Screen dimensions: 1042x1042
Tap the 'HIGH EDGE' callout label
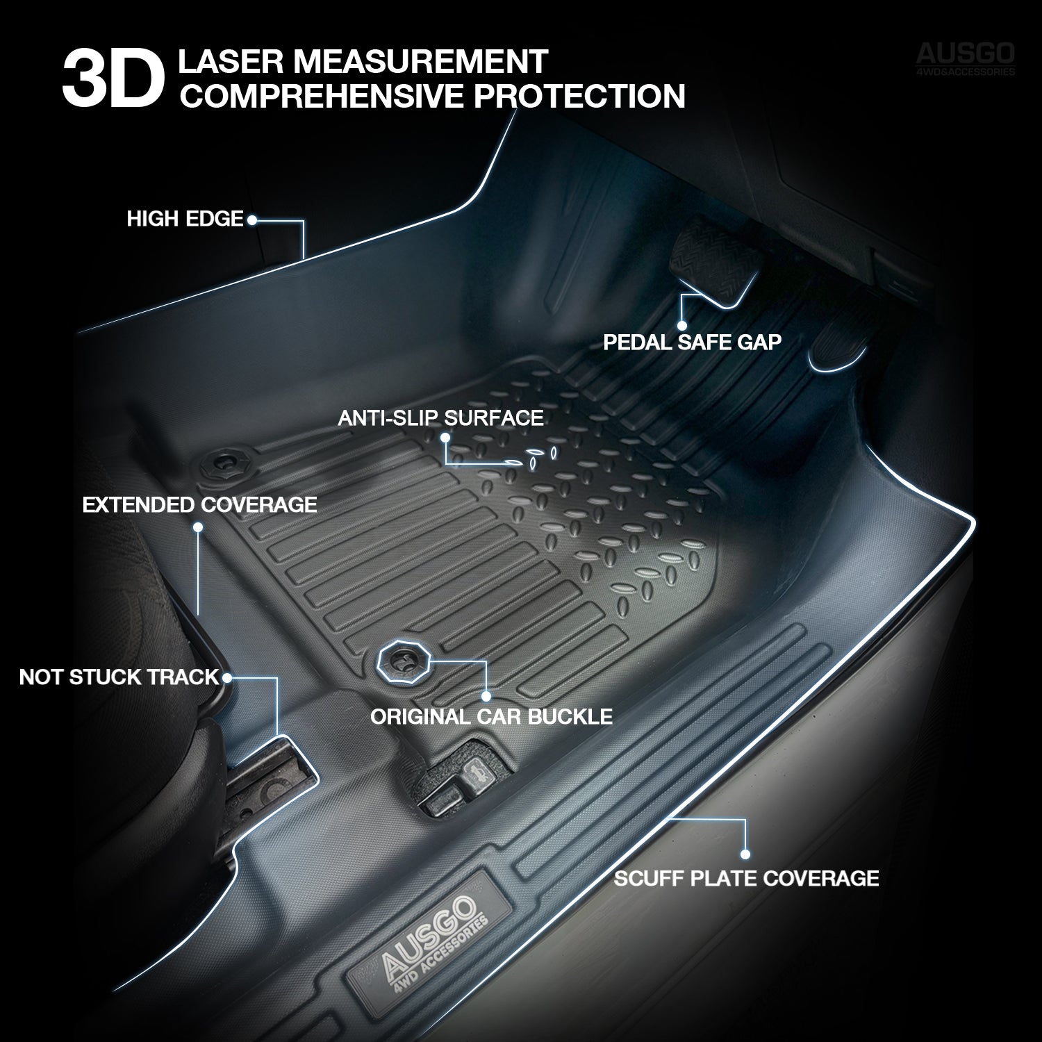click(x=185, y=220)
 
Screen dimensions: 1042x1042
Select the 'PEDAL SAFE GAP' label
click(x=692, y=342)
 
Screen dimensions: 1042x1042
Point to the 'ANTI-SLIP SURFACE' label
click(x=440, y=417)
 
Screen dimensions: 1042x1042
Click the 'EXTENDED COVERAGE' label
click(x=199, y=505)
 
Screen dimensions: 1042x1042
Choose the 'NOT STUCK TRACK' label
click(x=119, y=677)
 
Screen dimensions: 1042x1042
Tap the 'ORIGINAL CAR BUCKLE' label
click(x=491, y=717)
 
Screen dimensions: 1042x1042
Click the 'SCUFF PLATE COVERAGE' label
click(x=746, y=878)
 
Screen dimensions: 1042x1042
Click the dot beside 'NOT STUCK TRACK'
click(x=227, y=677)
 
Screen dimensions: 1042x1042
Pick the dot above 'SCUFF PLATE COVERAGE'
click(x=746, y=854)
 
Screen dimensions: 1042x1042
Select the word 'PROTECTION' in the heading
click(x=579, y=95)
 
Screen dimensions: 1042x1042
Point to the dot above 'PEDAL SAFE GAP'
click(x=681, y=325)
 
